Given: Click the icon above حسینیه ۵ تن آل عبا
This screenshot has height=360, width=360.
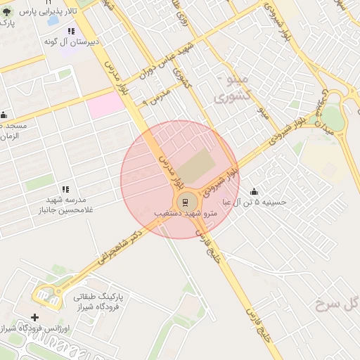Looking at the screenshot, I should tap(254, 192).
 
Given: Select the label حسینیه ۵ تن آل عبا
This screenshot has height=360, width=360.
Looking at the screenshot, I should tap(255, 202).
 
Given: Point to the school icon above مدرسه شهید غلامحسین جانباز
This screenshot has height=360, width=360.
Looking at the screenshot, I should tap(65, 189).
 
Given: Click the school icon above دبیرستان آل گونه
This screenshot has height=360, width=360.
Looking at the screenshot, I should tap(71, 32).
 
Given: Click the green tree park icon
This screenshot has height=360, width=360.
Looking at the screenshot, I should tap(6, 13).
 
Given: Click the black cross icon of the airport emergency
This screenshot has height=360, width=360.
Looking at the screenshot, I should tap(35, 317).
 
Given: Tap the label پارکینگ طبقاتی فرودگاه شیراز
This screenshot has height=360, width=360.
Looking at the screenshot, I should tap(98, 302).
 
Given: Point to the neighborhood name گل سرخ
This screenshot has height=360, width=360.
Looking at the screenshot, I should tap(337, 304).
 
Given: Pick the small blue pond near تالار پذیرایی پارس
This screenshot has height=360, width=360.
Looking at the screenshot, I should tap(53, 22).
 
